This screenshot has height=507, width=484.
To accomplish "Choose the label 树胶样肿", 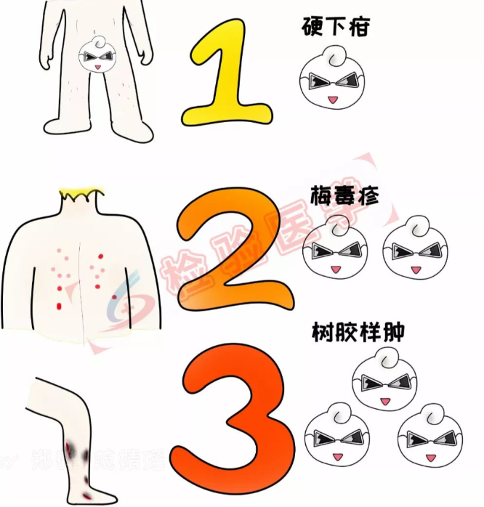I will tap(357, 333).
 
